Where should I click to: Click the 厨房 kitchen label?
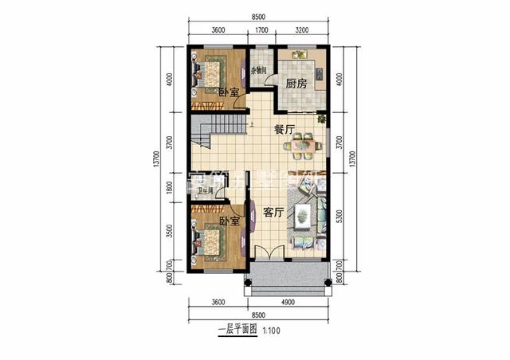tap(296, 83)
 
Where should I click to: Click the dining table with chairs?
tap(302, 146)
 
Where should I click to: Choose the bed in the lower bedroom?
tap(212, 240)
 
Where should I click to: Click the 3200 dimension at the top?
tap(302, 31)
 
